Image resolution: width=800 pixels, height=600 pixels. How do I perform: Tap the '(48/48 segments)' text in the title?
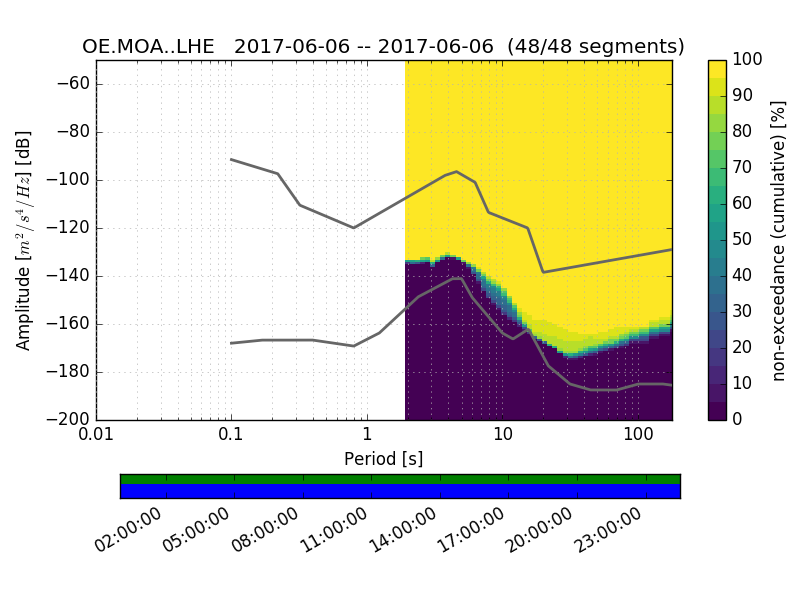(596, 47)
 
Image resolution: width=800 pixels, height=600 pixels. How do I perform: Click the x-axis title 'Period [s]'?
(383, 459)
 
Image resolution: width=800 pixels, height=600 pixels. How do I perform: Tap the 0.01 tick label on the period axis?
(96, 436)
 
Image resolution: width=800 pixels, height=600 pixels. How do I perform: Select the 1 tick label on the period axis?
(367, 436)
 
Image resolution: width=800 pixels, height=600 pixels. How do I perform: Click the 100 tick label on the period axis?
(638, 436)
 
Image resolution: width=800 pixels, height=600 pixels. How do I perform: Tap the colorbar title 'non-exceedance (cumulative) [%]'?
(780, 240)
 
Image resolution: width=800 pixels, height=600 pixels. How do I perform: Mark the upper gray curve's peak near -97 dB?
(456, 171)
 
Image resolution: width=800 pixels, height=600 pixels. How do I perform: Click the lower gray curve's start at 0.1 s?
(231, 343)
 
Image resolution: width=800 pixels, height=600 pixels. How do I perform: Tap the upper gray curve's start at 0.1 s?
(231, 159)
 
